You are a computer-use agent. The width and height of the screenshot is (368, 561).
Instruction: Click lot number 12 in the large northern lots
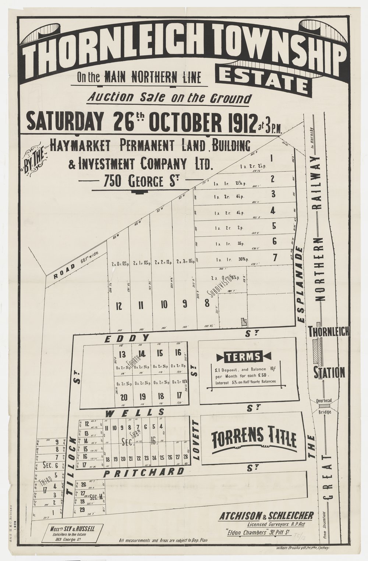pyautogui.click(x=118, y=305)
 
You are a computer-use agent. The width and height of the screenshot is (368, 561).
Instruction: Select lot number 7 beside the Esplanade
pyautogui.click(x=274, y=258)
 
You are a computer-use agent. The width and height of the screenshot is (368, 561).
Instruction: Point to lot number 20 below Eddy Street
pyautogui.click(x=124, y=397)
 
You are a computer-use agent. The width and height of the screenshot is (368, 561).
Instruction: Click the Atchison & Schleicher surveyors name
pyautogui.click(x=266, y=515)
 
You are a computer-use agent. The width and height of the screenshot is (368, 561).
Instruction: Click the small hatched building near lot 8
pyautogui.click(x=243, y=321)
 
